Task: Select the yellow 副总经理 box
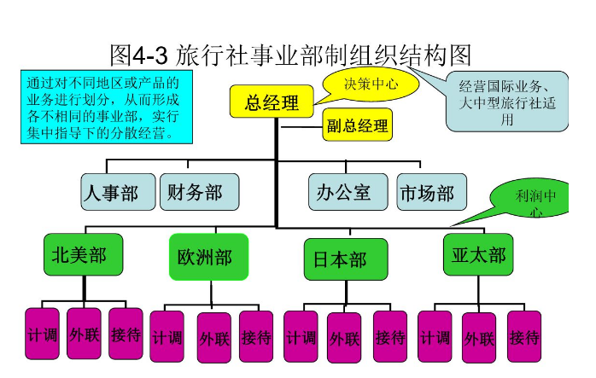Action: coord(358,126)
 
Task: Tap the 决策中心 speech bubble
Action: coord(371,84)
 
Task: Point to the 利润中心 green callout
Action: coord(535,202)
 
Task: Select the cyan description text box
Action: coord(105,108)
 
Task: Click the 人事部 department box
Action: coord(118,193)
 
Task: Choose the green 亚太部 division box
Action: coord(478,255)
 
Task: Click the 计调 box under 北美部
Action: coord(42,334)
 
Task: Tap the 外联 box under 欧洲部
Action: coord(214,338)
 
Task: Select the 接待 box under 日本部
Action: coord(390,337)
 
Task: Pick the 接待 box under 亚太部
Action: coord(524,337)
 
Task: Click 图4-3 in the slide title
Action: coord(141,55)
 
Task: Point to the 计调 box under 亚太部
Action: coord(435,337)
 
